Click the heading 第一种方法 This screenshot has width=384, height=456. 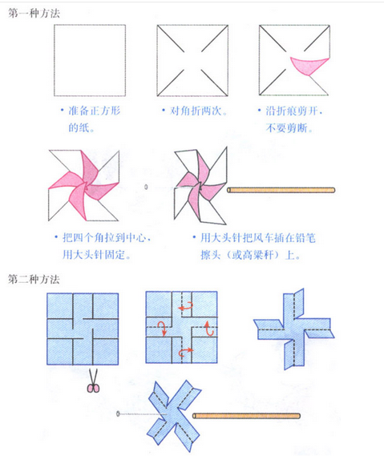33,11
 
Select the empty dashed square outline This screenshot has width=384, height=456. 89,59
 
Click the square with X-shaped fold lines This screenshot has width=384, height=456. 192,59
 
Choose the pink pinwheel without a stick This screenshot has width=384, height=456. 83,187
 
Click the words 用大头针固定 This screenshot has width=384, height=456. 97,254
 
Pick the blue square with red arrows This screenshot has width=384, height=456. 183,329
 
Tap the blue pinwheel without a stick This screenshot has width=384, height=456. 293,329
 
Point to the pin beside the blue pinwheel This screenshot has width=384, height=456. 119,414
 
